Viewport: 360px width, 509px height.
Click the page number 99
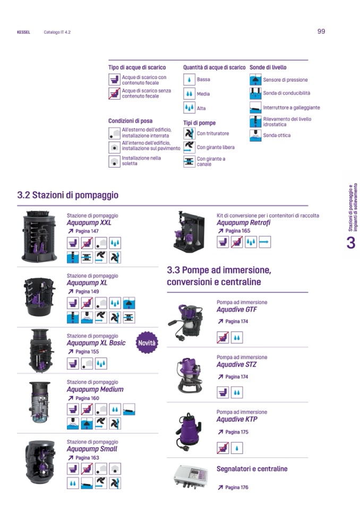coord(321,31)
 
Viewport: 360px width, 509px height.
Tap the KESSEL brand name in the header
coord(23,32)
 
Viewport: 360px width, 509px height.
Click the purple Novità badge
coord(147,343)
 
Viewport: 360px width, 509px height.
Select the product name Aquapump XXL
coord(89,223)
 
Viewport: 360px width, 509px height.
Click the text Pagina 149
coord(87,291)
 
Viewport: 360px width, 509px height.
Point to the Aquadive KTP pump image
coord(188,432)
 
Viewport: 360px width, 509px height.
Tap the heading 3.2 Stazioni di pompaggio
coord(67,195)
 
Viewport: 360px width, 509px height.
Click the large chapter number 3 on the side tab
coord(351,243)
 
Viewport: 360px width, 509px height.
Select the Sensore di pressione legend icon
coord(255,80)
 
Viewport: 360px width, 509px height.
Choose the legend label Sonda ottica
coord(277,135)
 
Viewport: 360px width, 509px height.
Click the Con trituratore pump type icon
coord(189,133)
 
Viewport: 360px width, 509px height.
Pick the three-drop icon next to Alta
coord(189,108)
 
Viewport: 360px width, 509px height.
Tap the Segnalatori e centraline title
coord(252,469)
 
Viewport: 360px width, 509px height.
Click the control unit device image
coord(190,477)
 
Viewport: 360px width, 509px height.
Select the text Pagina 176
coord(237,487)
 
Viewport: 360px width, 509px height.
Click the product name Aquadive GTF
coord(237,309)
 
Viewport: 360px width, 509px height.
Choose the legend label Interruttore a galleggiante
coord(292,107)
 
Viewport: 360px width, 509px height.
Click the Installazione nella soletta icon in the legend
coord(114,161)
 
